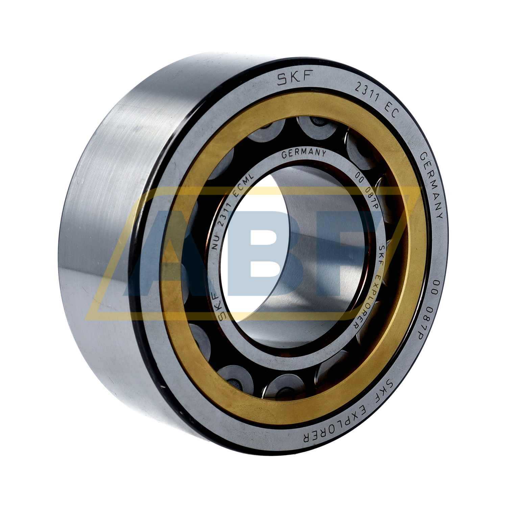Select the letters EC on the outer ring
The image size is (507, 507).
click(389, 112)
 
